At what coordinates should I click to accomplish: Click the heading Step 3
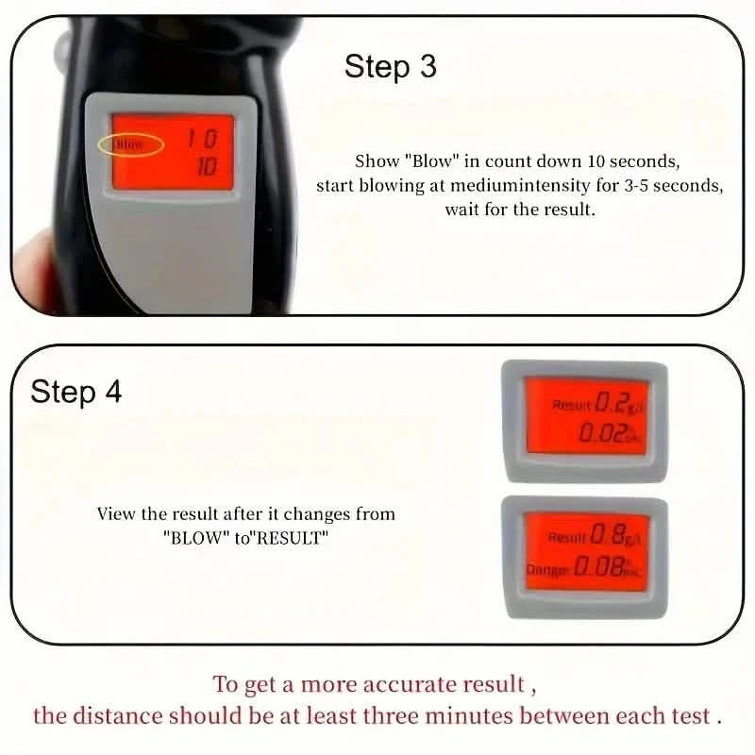(x=390, y=67)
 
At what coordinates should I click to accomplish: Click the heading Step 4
(x=75, y=392)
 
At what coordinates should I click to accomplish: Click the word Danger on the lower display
(x=547, y=569)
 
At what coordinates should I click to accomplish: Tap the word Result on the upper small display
(x=571, y=405)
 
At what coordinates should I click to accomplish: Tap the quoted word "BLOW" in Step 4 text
(x=193, y=537)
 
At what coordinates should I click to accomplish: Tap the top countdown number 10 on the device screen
(x=200, y=139)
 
